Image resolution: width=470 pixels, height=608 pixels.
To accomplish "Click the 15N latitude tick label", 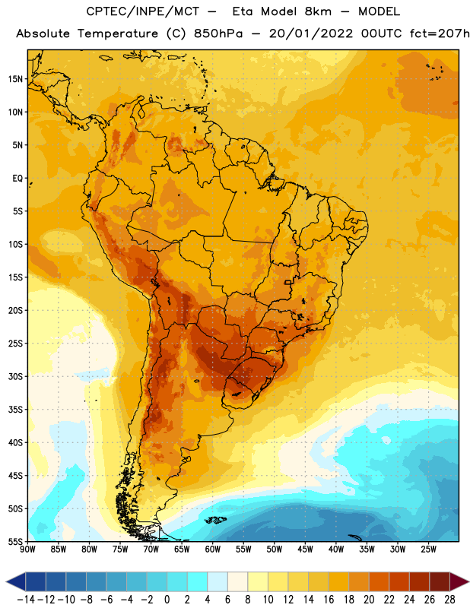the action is (15, 79).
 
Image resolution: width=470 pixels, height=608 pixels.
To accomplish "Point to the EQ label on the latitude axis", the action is (17, 179).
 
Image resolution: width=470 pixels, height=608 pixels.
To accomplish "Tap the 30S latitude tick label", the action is (15, 376).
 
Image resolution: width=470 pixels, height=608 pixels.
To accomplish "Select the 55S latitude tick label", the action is (15, 542).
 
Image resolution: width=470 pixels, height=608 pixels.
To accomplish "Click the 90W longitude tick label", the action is (27, 549).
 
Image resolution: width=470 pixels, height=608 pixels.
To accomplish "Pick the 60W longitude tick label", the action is (213, 549).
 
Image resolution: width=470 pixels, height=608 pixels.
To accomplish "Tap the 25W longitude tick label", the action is (428, 549).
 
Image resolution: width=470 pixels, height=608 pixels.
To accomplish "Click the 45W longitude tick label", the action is (305, 549).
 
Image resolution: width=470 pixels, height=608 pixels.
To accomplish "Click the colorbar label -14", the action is (26, 600).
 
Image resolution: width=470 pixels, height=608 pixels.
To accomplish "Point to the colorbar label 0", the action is (167, 600).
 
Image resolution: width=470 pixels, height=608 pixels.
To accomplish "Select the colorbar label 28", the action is (449, 600).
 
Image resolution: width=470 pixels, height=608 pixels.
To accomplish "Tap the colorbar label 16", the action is (329, 600).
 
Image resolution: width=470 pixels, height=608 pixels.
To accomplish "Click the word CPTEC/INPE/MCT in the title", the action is (142, 11).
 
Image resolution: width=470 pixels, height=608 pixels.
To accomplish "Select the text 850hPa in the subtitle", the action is (218, 33).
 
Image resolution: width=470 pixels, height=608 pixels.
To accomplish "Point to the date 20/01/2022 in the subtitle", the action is (311, 33).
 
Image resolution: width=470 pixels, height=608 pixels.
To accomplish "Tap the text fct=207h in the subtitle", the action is (440, 33).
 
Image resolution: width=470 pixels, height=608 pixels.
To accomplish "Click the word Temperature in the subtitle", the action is (118, 34).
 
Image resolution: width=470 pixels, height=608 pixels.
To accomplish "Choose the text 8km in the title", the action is (318, 11).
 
